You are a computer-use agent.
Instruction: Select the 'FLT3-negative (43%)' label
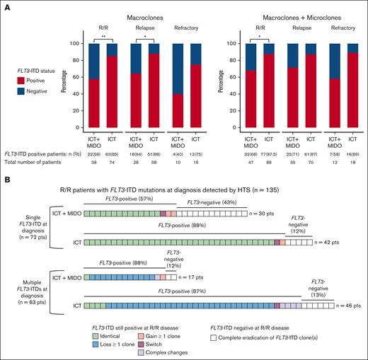tap(210, 202)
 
